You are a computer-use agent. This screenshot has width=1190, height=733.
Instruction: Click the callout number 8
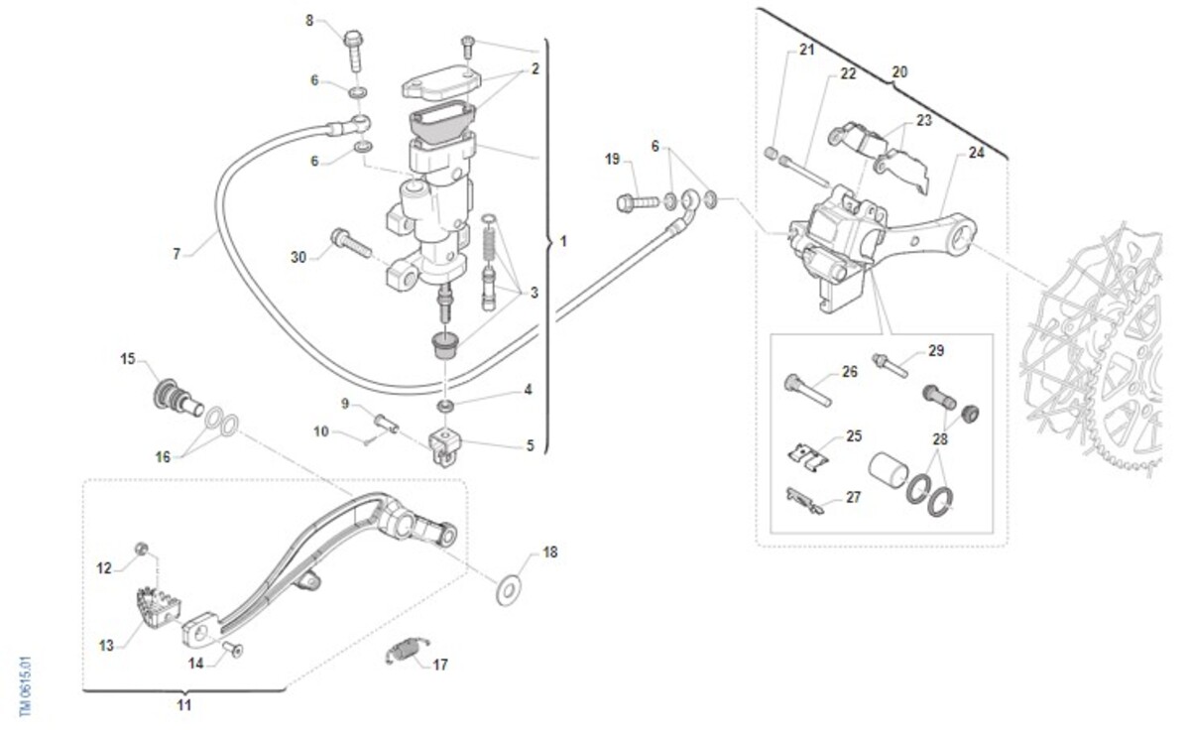309,21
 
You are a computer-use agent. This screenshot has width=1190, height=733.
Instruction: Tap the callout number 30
298,257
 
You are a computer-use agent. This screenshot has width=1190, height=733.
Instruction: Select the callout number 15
128,359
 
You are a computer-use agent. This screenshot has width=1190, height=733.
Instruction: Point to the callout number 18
549,552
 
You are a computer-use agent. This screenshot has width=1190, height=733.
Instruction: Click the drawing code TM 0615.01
26,686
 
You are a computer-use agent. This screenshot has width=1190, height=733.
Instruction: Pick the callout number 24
977,153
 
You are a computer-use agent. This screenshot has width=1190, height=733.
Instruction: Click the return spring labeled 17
408,651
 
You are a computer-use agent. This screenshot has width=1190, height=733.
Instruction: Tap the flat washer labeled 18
509,589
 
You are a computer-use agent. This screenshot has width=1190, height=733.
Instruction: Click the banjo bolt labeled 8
354,51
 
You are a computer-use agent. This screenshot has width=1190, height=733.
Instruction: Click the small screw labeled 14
233,649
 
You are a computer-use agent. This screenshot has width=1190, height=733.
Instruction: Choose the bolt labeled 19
638,202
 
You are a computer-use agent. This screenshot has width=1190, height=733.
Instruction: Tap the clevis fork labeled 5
444,446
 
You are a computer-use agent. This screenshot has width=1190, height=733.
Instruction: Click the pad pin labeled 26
807,390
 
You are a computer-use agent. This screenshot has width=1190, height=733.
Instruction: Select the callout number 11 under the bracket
183,705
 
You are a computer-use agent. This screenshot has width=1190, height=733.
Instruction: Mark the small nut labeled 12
141,549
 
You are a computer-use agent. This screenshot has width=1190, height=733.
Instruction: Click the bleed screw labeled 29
890,365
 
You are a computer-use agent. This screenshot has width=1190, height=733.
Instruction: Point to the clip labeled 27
805,501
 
